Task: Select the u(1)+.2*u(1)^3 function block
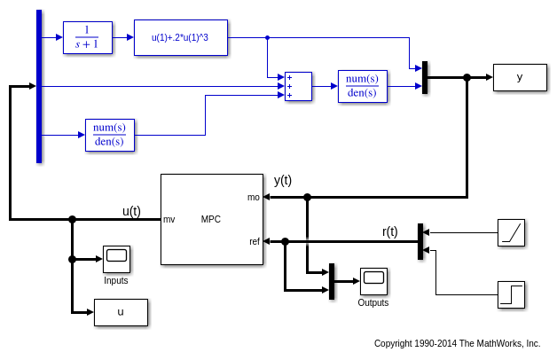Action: coord(181,37)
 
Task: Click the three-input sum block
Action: coord(298,86)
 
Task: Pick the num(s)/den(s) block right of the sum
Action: coord(362,86)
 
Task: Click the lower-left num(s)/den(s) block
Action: coord(109,135)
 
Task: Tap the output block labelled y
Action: coord(520,77)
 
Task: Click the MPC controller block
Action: coord(212,219)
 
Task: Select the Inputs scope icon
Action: coord(116,259)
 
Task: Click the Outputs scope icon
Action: coord(373,281)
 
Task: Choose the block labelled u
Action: coord(121,312)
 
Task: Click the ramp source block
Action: coord(511,232)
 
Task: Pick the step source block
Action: coord(511,294)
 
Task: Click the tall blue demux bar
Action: coord(39,86)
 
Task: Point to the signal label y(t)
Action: coord(283,180)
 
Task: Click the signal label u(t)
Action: coord(131,211)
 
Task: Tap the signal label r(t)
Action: coord(390,231)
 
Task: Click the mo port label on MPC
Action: coord(254,197)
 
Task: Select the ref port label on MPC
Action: coord(255,241)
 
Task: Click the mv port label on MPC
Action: coord(169,219)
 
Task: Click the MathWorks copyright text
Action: coord(457,343)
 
